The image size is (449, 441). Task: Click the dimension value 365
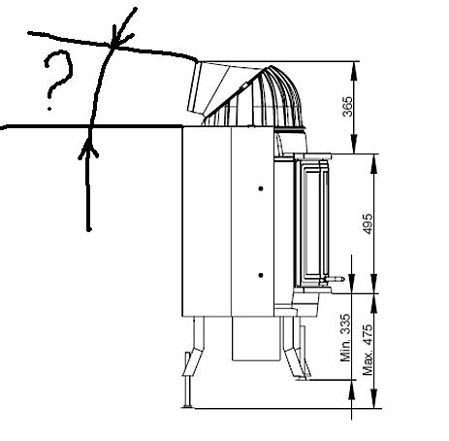click(347, 107)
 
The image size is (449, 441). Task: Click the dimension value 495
click(368, 223)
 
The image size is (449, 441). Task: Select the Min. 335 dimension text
click(345, 338)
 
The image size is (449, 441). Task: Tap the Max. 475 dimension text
click(368, 350)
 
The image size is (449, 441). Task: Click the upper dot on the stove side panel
click(261, 188)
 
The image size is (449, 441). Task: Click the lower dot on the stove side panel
click(261, 275)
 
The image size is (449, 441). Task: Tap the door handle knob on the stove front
click(338, 279)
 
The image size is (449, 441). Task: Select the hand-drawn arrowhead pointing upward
click(88, 151)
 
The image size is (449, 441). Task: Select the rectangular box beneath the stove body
click(256, 338)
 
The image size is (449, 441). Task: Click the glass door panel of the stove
click(311, 223)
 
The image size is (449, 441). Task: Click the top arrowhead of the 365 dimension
click(355, 70)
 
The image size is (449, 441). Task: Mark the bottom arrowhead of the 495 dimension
click(373, 284)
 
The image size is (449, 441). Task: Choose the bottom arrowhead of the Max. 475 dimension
click(373, 399)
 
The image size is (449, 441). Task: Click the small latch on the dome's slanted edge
click(244, 85)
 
